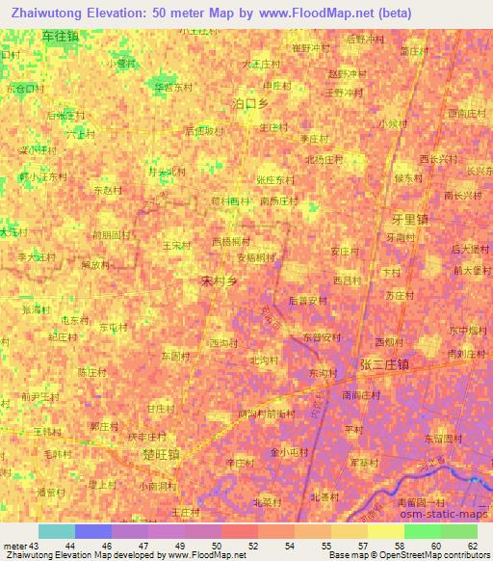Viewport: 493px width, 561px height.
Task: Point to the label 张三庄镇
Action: click(384, 364)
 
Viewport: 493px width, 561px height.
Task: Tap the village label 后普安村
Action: click(308, 301)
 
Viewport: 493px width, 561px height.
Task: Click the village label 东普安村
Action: click(322, 337)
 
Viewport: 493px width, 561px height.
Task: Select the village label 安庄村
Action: click(344, 252)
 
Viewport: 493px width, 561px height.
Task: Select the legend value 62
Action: click(472, 546)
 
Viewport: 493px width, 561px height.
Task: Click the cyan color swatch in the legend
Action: click(57, 531)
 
